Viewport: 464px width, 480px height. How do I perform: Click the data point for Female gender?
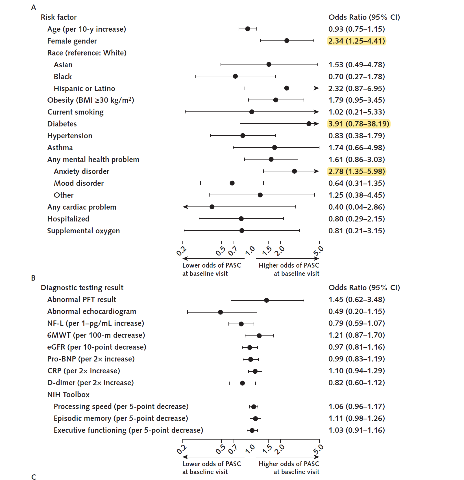point(287,41)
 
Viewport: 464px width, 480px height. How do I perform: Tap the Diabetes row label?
point(62,124)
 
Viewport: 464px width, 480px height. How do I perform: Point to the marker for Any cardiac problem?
point(212,207)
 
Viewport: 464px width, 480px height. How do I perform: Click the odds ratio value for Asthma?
point(356,148)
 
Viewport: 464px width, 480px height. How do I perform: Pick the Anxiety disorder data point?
point(294,171)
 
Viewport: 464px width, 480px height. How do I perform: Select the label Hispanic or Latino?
point(84,89)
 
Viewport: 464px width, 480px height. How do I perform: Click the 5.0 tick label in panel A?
point(318,251)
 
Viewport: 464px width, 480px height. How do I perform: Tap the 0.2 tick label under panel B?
point(182,449)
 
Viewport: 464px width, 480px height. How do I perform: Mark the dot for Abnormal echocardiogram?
point(220,312)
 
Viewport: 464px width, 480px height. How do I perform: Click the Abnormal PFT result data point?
point(266,300)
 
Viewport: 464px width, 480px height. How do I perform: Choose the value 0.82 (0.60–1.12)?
point(356,383)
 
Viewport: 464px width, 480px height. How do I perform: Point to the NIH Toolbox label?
point(68,395)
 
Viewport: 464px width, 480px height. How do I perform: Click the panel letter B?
point(33,278)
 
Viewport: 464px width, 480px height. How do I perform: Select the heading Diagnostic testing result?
point(82,288)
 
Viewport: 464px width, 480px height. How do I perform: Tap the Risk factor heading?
point(58,17)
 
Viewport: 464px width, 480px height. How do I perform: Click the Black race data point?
point(235,76)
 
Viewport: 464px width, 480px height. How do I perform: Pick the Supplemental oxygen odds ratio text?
point(356,231)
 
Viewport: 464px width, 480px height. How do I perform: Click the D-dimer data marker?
point(242,383)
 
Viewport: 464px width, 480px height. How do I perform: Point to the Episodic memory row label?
point(121,418)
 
